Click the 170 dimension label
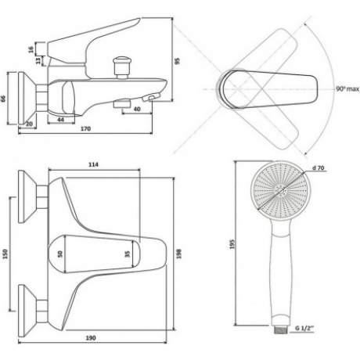[x=86, y=128]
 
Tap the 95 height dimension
[x=177, y=61]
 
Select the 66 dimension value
[x=3, y=99]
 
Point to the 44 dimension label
[x=60, y=120]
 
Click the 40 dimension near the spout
[x=137, y=109]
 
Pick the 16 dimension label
[x=31, y=49]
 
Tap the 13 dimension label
[x=38, y=61]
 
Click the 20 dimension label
[x=29, y=124]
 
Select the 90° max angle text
[x=347, y=89]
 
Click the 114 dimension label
[x=93, y=164]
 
